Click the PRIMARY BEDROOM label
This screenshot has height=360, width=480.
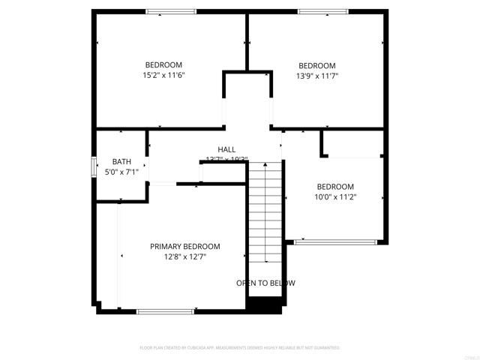[184, 247]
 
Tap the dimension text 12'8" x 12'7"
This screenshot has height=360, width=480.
[184, 256]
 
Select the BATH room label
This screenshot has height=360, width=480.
[121, 161]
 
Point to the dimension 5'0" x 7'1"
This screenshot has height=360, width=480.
[121, 172]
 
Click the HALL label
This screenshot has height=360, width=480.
[226, 149]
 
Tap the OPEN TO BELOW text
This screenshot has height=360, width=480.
[265, 283]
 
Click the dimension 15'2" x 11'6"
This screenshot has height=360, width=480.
[163, 75]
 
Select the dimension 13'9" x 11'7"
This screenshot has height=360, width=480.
[317, 75]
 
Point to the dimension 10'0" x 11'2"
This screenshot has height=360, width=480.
[335, 197]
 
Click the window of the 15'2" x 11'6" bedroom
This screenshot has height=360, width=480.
[170, 11]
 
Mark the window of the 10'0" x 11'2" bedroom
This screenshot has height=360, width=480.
[334, 241]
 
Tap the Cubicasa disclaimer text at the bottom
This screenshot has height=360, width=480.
[240, 348]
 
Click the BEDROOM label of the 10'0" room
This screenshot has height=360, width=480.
[335, 187]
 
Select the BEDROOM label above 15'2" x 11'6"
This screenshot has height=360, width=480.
[163, 64]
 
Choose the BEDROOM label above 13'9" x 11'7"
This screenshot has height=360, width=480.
[317, 65]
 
